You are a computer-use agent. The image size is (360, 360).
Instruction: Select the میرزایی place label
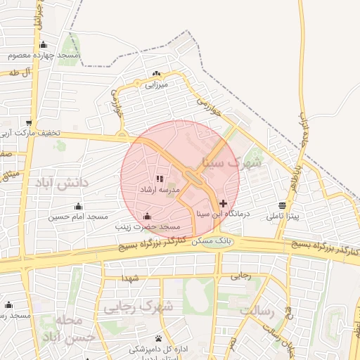pyautogui.click(x=156, y=85)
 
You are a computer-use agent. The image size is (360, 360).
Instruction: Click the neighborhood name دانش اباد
pyautogui.click(x=63, y=184)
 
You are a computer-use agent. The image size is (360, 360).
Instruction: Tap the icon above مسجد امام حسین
pyautogui.click(x=78, y=206)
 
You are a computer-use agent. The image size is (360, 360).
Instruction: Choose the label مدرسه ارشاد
pyautogui.click(x=162, y=190)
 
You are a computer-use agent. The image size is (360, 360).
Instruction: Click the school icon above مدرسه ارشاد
pyautogui.click(x=159, y=179)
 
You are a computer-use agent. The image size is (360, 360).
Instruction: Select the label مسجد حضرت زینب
pyautogui.click(x=149, y=227)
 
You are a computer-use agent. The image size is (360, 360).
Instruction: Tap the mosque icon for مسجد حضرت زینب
pyautogui.click(x=147, y=217)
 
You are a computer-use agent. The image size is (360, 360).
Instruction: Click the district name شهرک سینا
pyautogui.click(x=231, y=162)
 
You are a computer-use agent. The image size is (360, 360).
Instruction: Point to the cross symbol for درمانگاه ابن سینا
pyautogui.click(x=224, y=203)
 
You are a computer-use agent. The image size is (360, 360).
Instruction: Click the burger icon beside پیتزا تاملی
pyautogui.click(x=282, y=205)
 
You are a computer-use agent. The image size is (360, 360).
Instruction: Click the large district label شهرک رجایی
pyautogui.click(x=139, y=307)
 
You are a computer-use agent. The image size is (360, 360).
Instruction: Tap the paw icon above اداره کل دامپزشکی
pyautogui.click(x=158, y=338)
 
